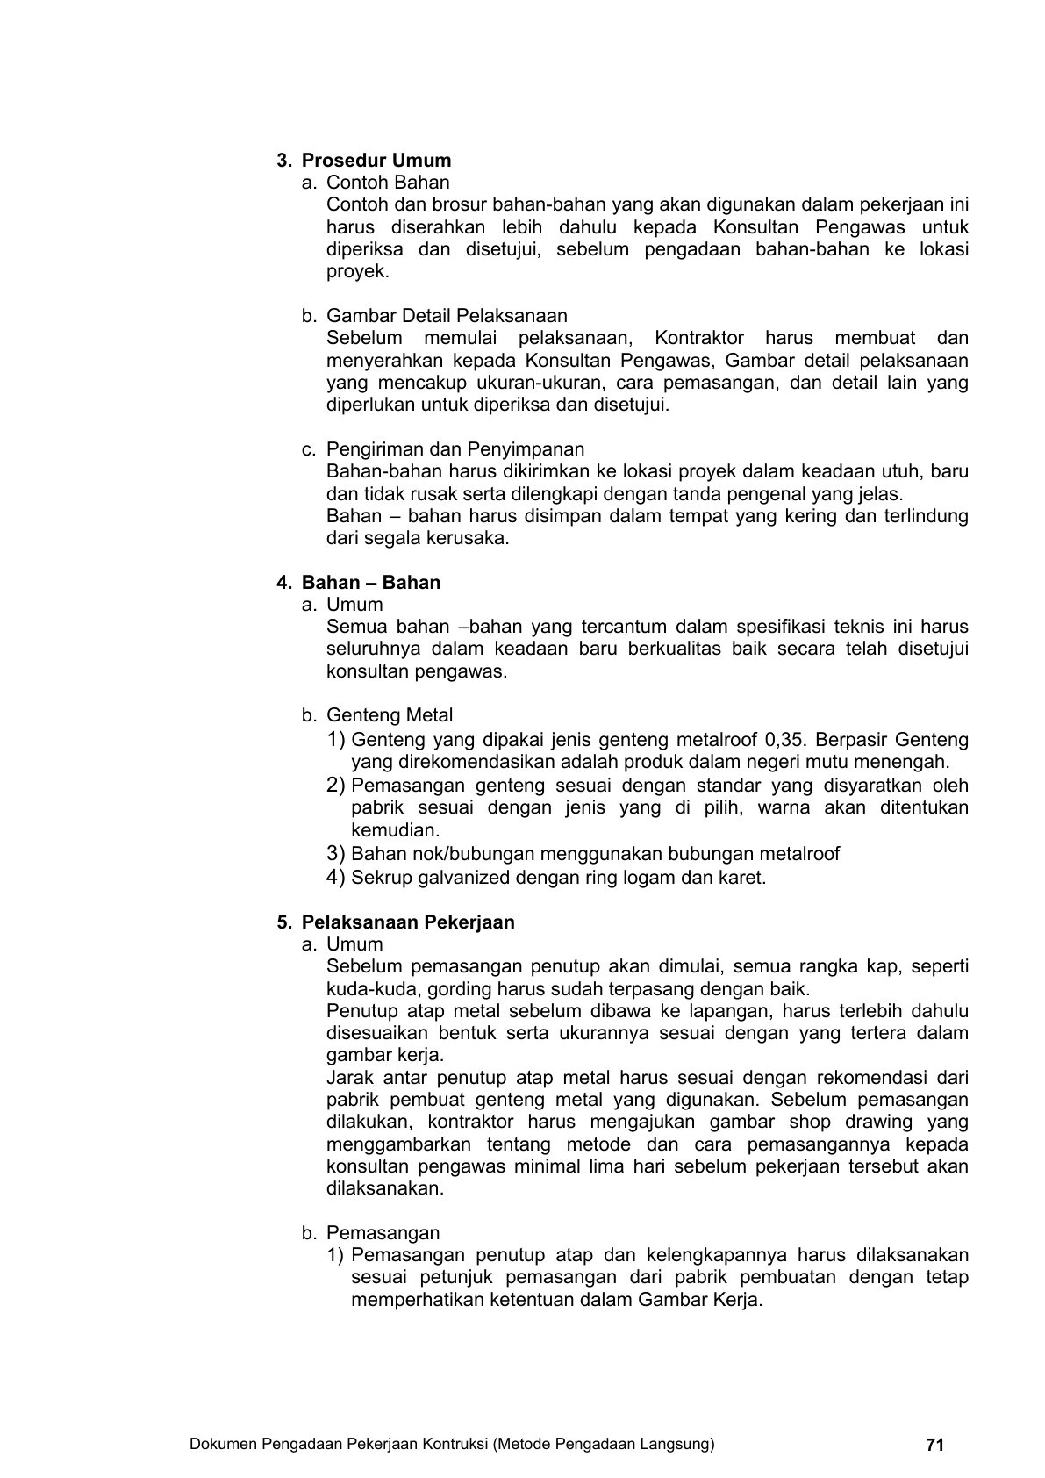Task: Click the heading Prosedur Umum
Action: point(376,161)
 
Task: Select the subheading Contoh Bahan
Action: point(388,183)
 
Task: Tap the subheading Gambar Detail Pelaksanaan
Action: point(447,316)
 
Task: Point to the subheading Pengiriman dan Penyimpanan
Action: point(455,449)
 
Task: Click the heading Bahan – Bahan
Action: point(371,583)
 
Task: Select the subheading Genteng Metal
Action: point(390,715)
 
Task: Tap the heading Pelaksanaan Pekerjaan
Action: point(408,922)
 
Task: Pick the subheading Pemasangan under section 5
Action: point(383,1233)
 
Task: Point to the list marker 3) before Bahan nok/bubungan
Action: point(335,854)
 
